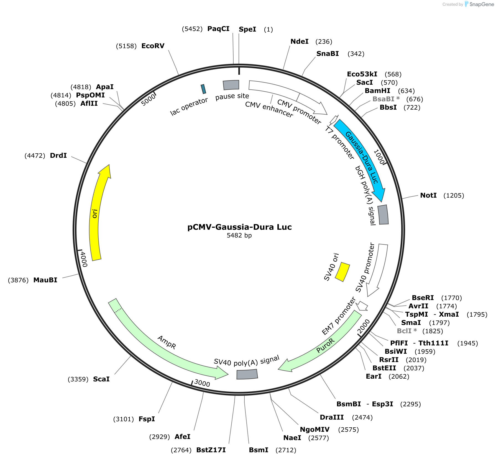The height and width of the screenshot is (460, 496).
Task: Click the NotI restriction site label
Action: click(428, 195)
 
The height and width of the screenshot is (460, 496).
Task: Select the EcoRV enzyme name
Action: click(153, 46)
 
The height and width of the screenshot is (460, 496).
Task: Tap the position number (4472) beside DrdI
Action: click(35, 156)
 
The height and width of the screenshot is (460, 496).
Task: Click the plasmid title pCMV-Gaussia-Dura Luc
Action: click(239, 227)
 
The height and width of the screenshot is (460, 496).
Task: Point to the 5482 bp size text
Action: click(239, 235)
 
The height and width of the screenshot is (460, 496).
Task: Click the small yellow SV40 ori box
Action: click(342, 272)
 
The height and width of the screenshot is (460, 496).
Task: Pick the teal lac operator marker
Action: click(203, 89)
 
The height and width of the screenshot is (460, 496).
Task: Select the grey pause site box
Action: click(231, 85)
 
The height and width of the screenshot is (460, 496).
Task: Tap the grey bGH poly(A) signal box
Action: click(383, 215)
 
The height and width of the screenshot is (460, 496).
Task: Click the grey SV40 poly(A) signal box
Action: click(247, 374)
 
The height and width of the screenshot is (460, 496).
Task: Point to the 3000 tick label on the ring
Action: click(202, 383)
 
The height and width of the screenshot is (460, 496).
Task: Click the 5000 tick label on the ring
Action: click(148, 100)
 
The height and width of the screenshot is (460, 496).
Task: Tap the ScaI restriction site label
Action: click(101, 379)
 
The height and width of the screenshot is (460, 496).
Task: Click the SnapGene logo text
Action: click(482, 4)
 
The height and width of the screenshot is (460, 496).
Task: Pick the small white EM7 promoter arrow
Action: click(362, 306)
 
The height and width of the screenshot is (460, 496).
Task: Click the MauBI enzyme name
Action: click(45, 280)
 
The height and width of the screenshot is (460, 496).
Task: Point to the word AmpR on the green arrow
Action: click(167, 342)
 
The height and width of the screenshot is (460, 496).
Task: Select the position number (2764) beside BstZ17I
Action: click(181, 450)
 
